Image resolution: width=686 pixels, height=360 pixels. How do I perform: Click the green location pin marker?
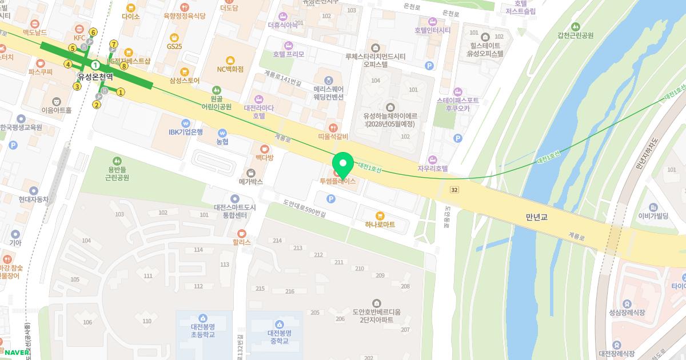click(343, 165)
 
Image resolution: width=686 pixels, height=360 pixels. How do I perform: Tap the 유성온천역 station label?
click(95, 76)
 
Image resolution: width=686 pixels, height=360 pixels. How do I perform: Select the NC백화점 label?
click(230, 69)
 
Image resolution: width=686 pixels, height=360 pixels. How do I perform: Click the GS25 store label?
click(174, 46)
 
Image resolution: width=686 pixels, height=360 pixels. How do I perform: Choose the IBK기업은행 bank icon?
click(186, 123)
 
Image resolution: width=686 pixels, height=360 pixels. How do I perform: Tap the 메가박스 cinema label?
click(250, 182)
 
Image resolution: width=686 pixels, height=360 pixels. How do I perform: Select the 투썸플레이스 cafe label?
click(337, 181)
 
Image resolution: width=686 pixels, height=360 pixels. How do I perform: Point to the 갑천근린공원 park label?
click(575, 35)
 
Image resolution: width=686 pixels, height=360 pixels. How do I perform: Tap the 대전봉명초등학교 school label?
click(202, 330)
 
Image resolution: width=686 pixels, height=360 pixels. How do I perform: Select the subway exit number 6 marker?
click(93, 32)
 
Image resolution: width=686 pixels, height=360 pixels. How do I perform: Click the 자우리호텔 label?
click(433, 169)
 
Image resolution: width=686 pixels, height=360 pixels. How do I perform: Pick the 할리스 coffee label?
click(242, 242)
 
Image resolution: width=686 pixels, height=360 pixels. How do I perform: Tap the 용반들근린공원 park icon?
click(117, 162)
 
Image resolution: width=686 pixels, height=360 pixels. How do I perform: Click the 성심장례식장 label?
click(627, 313)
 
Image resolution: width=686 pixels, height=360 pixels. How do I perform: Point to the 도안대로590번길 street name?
click(304, 208)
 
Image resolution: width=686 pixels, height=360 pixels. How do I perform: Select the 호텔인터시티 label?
click(433, 30)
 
